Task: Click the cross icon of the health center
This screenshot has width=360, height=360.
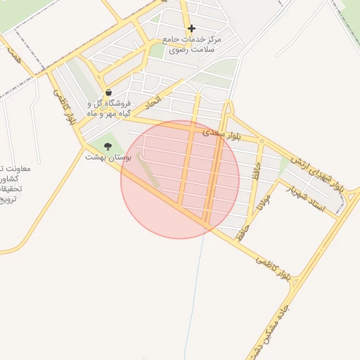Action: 191,29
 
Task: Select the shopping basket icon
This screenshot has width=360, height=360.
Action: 108,92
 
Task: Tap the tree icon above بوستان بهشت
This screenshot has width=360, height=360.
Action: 108,146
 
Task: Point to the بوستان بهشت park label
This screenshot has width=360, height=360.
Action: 104,157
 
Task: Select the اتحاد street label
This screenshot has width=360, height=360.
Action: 153,103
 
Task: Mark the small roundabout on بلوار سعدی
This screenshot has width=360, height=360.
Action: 262,141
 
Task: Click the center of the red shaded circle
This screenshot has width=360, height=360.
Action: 180,179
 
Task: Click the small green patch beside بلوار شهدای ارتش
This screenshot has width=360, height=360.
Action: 283,164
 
